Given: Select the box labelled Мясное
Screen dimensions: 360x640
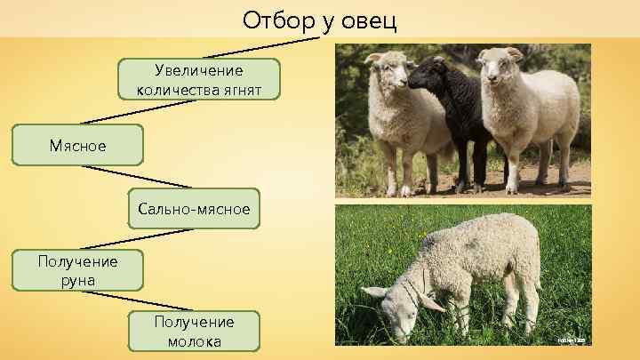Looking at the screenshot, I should tap(77, 145).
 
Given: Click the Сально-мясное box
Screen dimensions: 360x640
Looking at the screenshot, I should tap(194, 210).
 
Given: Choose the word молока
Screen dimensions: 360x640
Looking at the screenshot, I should tap(194, 341).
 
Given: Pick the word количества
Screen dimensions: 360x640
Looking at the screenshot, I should tap(172, 89).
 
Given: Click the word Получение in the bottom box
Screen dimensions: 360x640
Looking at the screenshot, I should tap(194, 322).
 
